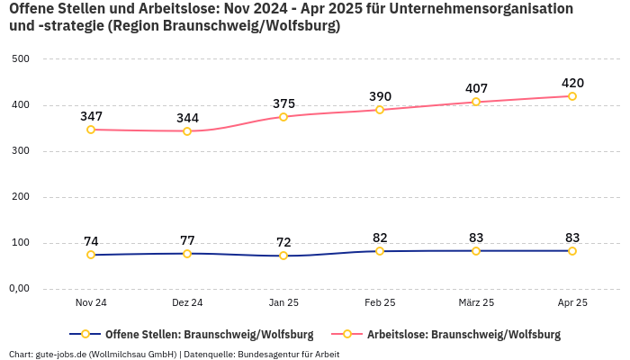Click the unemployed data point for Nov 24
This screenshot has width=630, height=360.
pyautogui.click(x=91, y=130)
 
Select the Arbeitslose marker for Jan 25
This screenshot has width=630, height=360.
pyautogui.click(x=283, y=117)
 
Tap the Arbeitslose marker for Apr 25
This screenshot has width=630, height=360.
pyautogui.click(x=572, y=96)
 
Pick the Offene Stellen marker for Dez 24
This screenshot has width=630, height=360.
pyautogui.click(x=187, y=254)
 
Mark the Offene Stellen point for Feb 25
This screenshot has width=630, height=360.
pyautogui.click(x=380, y=251)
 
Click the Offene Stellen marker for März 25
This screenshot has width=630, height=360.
pyautogui.click(x=476, y=251)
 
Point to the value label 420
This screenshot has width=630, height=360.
pyautogui.click(x=572, y=83)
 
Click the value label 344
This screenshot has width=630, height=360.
pyautogui.click(x=187, y=118)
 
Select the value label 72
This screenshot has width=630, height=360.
pyautogui.click(x=283, y=242)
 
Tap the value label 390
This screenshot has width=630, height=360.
pyautogui.click(x=380, y=96)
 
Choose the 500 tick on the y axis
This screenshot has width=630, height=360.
pyautogui.click(x=20, y=59)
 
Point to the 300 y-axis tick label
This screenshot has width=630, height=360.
pyautogui.click(x=20, y=151)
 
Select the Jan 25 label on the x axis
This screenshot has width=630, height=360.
pyautogui.click(x=283, y=303)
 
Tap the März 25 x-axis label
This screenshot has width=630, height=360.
pyautogui.click(x=476, y=303)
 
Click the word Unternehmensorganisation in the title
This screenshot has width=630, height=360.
pyautogui.click(x=486, y=8)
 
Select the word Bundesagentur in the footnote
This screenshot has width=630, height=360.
pyautogui.click(x=272, y=354)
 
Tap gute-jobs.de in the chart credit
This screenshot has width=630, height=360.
pyautogui.click(x=61, y=354)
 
